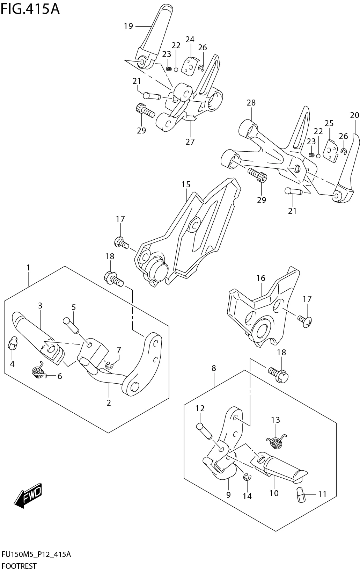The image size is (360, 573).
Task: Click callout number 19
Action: point(128,26)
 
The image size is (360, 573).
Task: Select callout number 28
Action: point(251,103)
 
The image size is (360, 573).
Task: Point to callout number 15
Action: point(186,184)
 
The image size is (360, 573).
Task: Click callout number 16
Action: point(261,278)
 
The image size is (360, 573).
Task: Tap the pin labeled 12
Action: point(205,430)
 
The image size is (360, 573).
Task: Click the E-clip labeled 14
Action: point(247,477)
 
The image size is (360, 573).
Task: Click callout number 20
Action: point(354,115)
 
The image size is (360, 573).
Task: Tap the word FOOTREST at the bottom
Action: point(19,566)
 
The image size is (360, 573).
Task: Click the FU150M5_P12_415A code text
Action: point(36,554)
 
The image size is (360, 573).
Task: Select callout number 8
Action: point(214,368)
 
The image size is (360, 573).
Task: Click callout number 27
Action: point(190,142)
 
